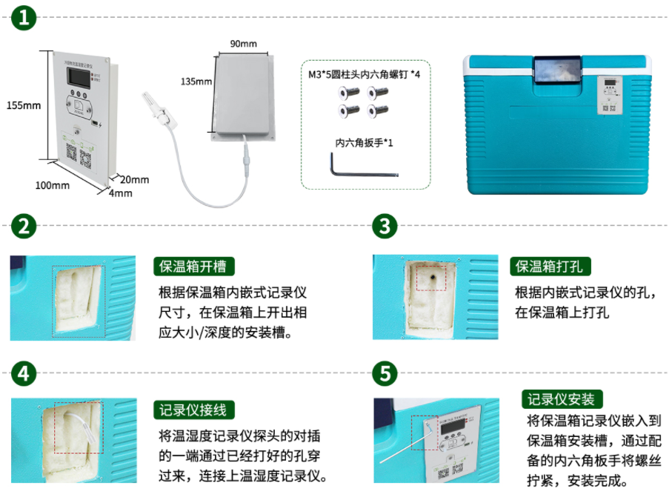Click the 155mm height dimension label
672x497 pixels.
tap(23, 105)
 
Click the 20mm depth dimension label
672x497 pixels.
tap(134, 179)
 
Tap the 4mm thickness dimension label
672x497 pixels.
tap(120, 193)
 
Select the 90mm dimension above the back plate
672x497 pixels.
tap(243, 44)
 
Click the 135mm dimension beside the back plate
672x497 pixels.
tap(196, 81)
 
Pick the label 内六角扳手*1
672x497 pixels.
tap(364, 141)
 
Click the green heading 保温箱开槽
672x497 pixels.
tap(193, 267)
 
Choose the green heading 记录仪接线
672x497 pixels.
tap(193, 410)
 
